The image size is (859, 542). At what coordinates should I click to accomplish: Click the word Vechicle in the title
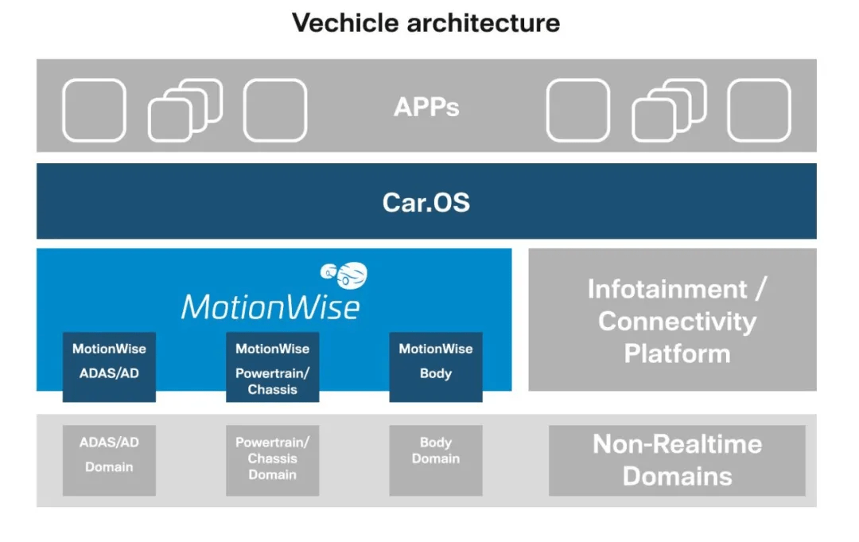(345, 22)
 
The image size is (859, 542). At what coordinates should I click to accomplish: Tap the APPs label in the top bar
(426, 107)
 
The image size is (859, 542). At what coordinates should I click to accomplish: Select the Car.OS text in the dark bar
(426, 202)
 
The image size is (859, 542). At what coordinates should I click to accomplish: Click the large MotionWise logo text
(270, 306)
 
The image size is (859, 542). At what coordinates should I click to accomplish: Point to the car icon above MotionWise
(344, 274)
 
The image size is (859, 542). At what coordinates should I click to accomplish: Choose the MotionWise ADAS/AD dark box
(109, 366)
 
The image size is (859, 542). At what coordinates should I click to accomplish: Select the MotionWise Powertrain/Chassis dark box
(272, 366)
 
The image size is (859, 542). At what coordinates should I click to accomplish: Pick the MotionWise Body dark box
(435, 366)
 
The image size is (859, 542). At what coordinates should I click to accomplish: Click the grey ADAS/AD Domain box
(109, 460)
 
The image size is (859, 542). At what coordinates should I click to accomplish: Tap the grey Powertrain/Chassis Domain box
(272, 460)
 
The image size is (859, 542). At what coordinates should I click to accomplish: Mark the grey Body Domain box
(435, 460)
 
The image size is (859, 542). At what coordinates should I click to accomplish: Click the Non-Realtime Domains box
(677, 460)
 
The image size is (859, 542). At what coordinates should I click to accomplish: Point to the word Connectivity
(677, 322)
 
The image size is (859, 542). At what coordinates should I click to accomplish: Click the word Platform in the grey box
(677, 353)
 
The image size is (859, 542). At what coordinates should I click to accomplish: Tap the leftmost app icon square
(94, 110)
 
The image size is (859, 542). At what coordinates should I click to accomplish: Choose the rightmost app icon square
(759, 110)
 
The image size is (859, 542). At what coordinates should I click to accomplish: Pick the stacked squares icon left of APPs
(185, 110)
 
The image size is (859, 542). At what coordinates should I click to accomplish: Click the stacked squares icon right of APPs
(668, 110)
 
